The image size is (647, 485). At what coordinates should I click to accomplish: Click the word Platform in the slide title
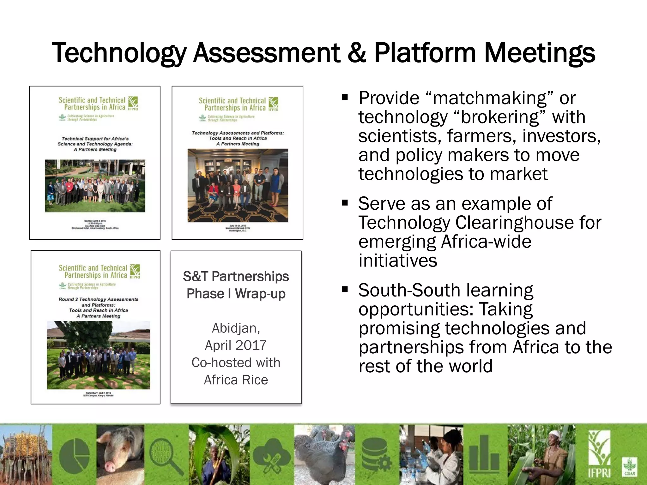tap(425, 53)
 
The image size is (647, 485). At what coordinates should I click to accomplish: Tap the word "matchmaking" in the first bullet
tap(490, 98)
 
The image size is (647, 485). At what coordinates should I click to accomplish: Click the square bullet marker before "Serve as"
tap(345, 202)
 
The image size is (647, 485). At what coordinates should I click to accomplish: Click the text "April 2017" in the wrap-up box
tap(236, 345)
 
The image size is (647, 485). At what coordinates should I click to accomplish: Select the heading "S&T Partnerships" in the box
tap(236, 277)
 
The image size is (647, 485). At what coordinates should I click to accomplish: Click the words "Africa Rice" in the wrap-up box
tap(236, 380)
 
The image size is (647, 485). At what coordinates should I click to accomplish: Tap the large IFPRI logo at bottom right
tap(599, 455)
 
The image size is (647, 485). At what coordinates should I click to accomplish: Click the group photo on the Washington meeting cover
tap(238, 185)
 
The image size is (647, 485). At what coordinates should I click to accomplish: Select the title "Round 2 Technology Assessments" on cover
tap(98, 299)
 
